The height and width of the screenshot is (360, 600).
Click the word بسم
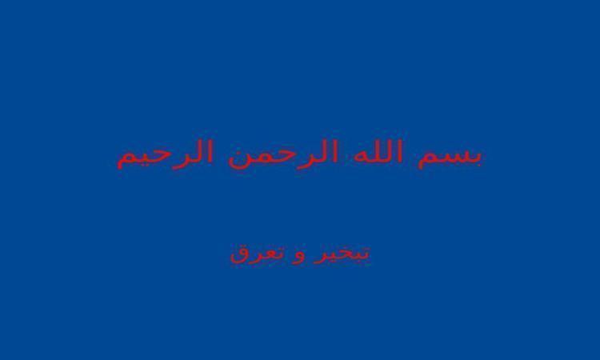[450, 157]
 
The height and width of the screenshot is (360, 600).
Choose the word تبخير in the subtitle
[342, 254]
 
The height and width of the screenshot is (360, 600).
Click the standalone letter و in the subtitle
[298, 257]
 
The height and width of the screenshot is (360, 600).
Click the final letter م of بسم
[426, 160]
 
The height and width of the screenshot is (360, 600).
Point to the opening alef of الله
[399, 152]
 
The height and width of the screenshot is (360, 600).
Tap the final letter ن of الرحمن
[238, 158]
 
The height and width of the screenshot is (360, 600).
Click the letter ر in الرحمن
[302, 161]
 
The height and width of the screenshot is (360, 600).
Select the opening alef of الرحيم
[210, 152]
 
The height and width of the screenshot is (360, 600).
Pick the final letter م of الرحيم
[125, 161]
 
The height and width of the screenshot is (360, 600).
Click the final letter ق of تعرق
[239, 257]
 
